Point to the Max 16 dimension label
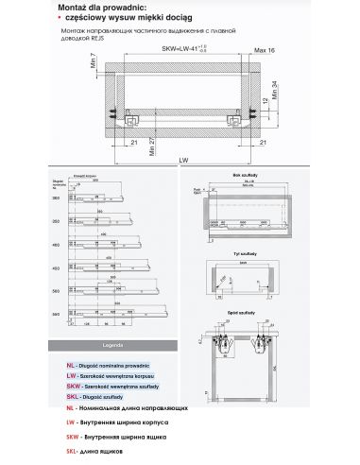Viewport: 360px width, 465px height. (266, 52)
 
